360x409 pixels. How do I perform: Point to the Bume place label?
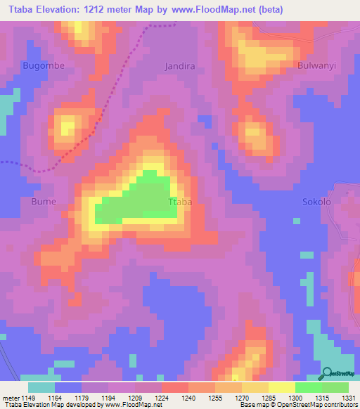tap(44, 201)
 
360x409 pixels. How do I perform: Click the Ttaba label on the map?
tap(180, 202)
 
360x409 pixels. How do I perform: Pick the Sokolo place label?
tap(316, 202)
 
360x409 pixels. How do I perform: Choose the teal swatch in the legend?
tap(41, 387)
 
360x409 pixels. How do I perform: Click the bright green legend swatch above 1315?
tap(309, 387)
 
